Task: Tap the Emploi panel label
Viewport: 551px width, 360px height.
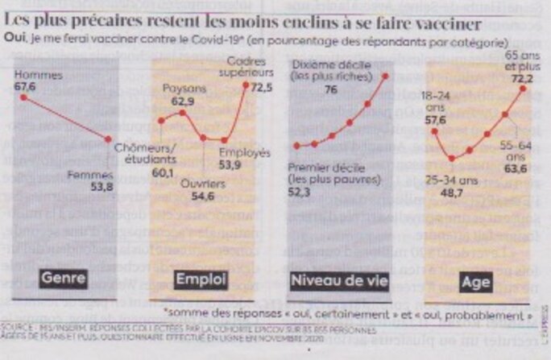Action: [x=201, y=279]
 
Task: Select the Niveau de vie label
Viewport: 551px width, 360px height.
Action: [x=339, y=279]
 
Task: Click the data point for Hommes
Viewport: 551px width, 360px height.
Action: [x=24, y=97]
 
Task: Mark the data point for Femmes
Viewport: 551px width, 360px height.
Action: [x=109, y=139]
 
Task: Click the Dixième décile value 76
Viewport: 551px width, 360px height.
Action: [x=331, y=89]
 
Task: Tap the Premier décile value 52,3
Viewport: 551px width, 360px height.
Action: [x=301, y=191]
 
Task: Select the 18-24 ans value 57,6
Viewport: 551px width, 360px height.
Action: [x=436, y=120]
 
